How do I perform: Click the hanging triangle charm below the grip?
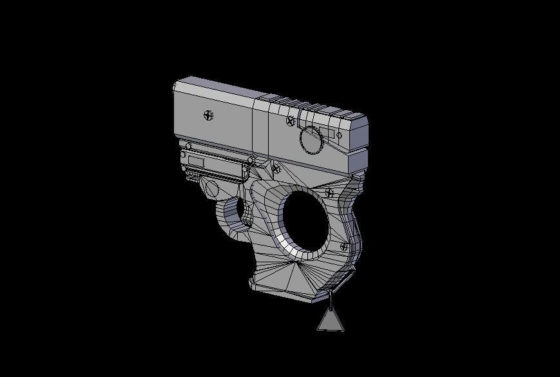[331, 320]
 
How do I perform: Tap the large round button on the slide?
[311, 139]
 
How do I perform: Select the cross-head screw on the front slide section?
[208, 115]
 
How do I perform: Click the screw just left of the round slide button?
[291, 121]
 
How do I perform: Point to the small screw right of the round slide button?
[340, 135]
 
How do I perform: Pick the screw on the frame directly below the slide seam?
[276, 169]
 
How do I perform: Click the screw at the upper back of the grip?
[330, 192]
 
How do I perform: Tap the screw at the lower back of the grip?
[343, 246]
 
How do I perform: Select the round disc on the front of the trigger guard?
[209, 189]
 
